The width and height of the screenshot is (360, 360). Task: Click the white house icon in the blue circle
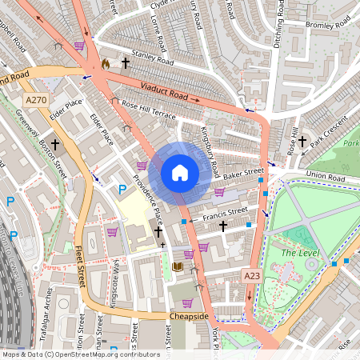[x=180, y=172]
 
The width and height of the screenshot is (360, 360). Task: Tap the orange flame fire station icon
[x=106, y=62]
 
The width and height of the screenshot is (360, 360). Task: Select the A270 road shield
[x=36, y=100]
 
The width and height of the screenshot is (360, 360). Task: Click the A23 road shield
[x=252, y=275]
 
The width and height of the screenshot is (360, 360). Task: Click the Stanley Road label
[x=153, y=60]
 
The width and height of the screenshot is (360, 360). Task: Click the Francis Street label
[x=226, y=212]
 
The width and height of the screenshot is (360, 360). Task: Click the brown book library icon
[x=178, y=266]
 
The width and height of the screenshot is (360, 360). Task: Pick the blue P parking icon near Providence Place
[x=122, y=190]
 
